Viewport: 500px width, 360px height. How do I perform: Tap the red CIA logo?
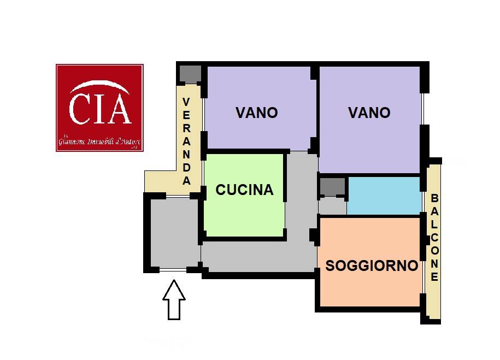coord(99,108)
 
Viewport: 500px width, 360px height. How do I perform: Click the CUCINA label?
coord(244,190)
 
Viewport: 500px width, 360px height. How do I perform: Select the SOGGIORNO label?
coord(372,266)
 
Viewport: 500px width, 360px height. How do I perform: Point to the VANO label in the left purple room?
coord(256,113)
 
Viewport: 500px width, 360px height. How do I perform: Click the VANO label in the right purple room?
coord(369,113)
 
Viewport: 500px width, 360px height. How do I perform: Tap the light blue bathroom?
coord(384,196)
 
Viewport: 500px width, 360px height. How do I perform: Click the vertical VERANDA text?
coord(186,141)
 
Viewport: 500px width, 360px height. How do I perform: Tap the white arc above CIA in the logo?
coord(99,87)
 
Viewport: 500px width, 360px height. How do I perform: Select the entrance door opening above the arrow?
coord(173,269)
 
